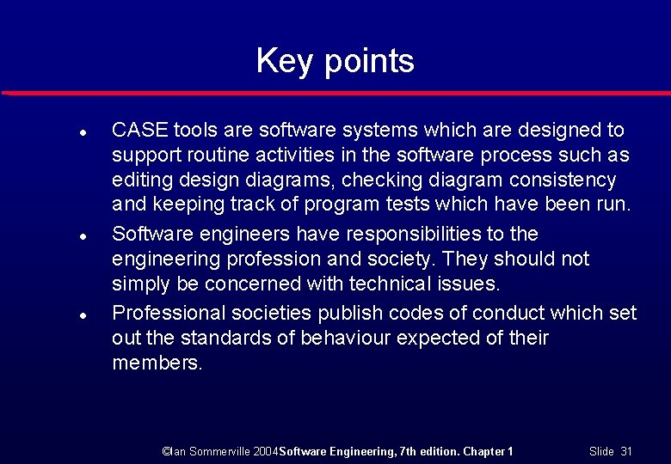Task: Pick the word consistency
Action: [x=564, y=180]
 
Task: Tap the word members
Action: [x=157, y=363]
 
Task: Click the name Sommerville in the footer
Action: [x=221, y=451]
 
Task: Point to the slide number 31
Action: [x=625, y=451]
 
